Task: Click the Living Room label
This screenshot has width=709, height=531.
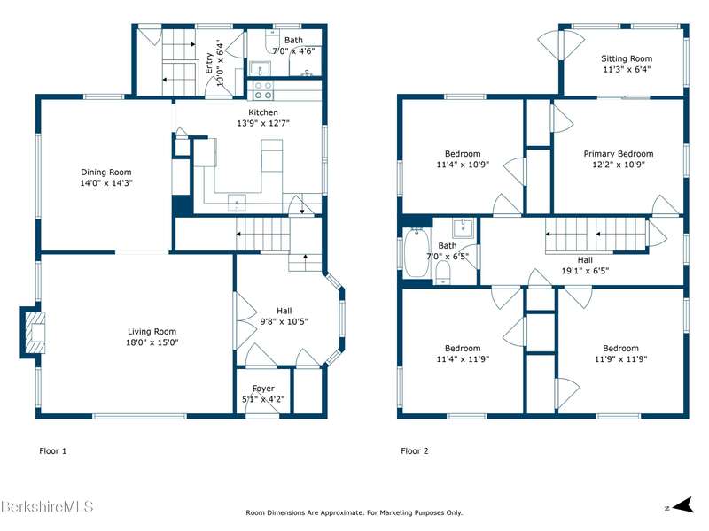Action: (x=152, y=331)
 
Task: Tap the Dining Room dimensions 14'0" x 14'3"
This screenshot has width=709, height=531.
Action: (x=106, y=183)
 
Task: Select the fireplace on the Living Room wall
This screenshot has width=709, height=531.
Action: (x=33, y=333)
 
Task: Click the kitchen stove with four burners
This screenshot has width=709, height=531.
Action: (x=262, y=90)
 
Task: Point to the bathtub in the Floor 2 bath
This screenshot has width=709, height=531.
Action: (x=417, y=252)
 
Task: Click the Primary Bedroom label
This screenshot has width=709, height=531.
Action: (x=619, y=153)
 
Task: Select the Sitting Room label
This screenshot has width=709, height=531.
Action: (x=627, y=58)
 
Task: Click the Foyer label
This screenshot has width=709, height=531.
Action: (x=263, y=389)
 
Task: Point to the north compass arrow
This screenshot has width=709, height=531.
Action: (x=683, y=505)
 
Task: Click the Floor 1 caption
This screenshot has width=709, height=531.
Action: (x=53, y=450)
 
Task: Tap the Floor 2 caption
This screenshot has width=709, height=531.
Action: (x=415, y=450)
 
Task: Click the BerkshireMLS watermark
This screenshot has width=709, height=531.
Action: (x=47, y=506)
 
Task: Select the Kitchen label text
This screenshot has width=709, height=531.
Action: (x=263, y=112)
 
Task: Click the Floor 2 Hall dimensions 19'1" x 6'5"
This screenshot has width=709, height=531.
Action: (x=585, y=271)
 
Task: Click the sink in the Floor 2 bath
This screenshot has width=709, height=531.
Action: (x=463, y=228)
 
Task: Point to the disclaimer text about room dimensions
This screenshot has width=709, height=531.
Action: (x=354, y=512)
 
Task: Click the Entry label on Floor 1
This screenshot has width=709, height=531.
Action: (x=209, y=63)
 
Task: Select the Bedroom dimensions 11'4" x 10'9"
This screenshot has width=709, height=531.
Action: (x=463, y=165)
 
